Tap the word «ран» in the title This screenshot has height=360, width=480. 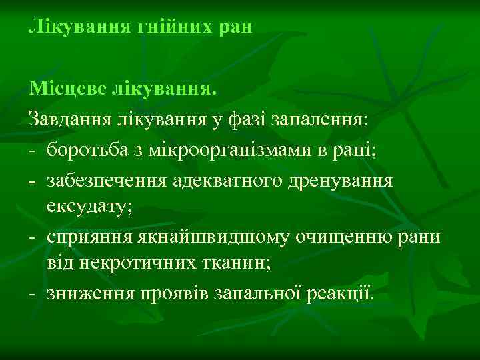click(x=234, y=27)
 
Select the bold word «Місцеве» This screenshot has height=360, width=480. click(x=70, y=89)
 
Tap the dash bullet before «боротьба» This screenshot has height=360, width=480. click(x=31, y=150)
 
